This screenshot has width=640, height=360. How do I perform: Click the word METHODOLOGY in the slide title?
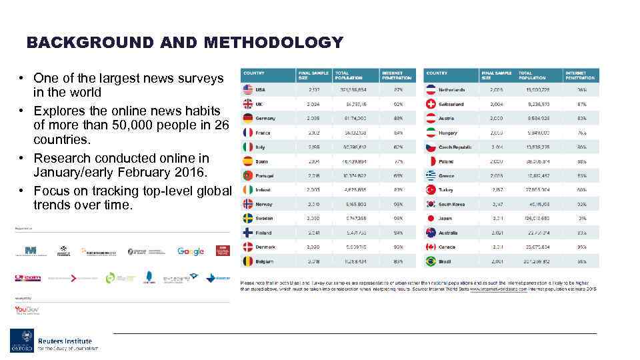274,43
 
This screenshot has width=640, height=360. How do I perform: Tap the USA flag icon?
248,89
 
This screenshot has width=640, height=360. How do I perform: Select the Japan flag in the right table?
431,218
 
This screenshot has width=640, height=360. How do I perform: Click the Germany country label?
265,118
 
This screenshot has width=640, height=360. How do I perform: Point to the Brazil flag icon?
431,261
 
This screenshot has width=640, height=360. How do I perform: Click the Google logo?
191,251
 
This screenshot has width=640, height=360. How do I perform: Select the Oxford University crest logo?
21,341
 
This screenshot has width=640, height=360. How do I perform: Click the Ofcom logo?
28,277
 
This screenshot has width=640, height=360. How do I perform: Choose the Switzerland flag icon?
431,104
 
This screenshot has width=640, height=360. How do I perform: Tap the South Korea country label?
451,204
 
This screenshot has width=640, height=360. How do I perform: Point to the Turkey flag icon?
431,189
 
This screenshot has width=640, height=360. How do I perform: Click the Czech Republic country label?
456,147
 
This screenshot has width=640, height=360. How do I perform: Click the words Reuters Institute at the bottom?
65,341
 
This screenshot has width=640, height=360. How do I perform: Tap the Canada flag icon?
431,247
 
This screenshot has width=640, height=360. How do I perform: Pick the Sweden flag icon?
248,218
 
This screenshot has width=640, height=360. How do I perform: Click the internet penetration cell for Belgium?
398,261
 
